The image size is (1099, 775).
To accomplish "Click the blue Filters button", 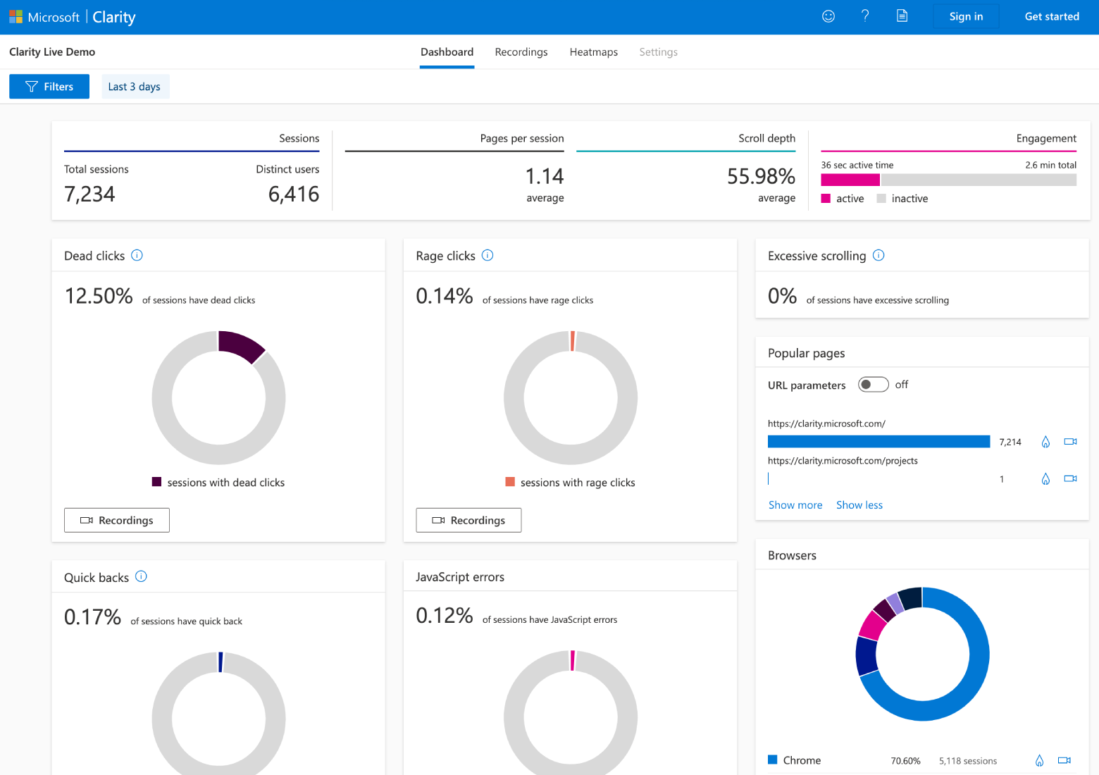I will [x=49, y=87].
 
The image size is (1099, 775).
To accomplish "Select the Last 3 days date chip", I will [x=135, y=87].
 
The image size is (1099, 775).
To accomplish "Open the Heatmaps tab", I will [x=593, y=52].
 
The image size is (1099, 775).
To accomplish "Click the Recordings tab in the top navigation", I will [x=521, y=52].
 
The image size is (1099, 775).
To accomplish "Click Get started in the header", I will [x=1051, y=16].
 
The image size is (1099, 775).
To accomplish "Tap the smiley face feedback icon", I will [x=828, y=16].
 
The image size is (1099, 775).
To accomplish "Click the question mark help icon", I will [x=865, y=16].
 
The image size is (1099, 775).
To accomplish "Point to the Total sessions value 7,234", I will [x=89, y=194].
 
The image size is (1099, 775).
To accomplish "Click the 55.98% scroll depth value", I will [x=761, y=176].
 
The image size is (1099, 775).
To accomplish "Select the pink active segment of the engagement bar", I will [x=850, y=180].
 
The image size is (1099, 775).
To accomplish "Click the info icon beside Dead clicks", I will [x=137, y=255].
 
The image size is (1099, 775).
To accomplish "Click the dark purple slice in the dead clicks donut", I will [x=240, y=345].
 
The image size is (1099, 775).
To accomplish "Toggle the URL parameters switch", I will [x=873, y=385].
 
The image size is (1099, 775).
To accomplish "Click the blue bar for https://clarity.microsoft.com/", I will [x=878, y=442].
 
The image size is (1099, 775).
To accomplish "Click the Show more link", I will [x=795, y=505].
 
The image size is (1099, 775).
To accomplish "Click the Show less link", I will [x=859, y=505].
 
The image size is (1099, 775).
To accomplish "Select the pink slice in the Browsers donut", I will [x=872, y=624].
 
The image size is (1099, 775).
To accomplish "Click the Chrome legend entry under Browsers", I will [x=801, y=760].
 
